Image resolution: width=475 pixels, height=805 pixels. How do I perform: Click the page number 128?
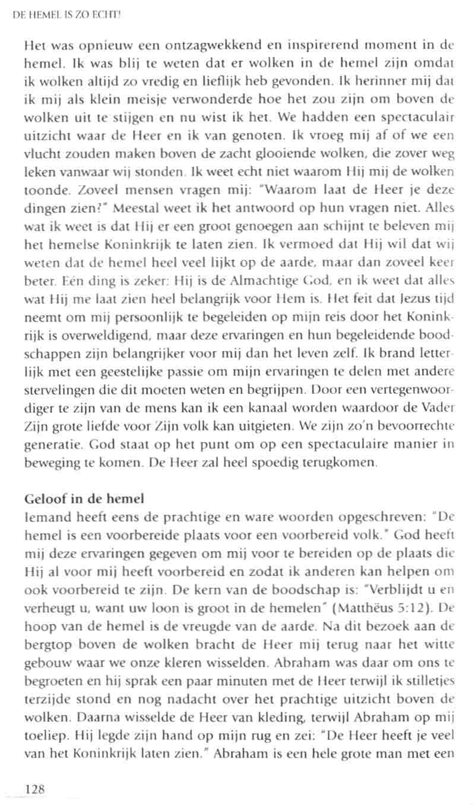coord(35,788)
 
